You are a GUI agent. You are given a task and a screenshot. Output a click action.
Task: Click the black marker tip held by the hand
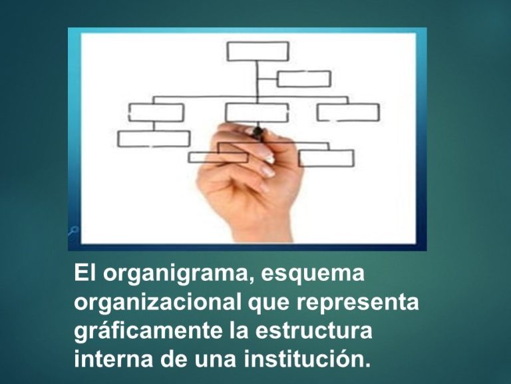click(258, 131)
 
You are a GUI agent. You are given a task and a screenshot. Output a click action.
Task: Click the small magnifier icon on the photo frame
click(73, 230)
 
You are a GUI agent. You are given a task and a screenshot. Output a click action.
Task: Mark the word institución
click(307, 359)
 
